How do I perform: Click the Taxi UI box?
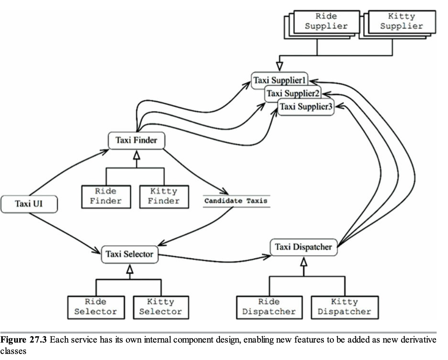29,204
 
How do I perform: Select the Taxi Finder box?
137,140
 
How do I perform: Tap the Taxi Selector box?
129,254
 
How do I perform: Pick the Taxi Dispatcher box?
304,247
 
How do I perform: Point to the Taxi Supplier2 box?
293,93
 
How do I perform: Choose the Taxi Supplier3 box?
306,107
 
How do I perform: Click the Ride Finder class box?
106,197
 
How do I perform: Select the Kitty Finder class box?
164,197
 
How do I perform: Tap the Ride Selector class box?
96,307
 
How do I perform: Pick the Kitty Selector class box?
161,307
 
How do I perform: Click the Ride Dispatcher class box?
269,307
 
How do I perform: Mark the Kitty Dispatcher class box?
345,307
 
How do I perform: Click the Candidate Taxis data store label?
236,201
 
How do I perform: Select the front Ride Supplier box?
327,22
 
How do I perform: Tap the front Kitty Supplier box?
402,22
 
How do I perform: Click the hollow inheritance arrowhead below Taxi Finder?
137,155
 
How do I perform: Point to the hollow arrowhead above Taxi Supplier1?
280,66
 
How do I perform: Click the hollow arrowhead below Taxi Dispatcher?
304,262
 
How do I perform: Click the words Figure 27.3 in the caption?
24,340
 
